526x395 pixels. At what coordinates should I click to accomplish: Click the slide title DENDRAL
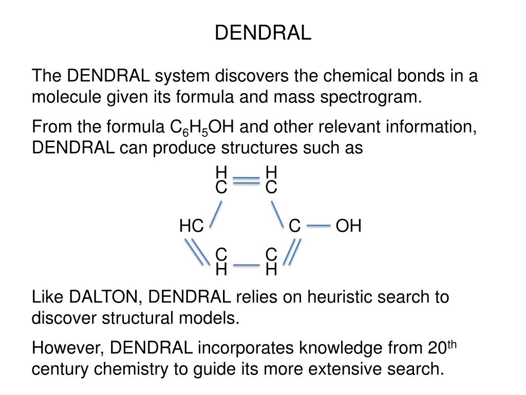click(262, 33)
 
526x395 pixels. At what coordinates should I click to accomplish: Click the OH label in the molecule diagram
click(349, 226)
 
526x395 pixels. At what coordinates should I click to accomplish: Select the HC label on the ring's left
click(192, 226)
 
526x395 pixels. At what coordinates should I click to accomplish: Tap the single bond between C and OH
click(321, 225)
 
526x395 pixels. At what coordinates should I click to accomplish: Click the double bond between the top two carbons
click(247, 181)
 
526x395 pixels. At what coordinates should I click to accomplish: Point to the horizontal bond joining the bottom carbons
click(247, 265)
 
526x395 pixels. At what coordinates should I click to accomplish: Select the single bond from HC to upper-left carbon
click(216, 213)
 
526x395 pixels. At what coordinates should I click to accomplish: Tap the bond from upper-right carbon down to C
click(277, 213)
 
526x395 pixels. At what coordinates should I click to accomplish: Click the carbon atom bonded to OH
click(294, 226)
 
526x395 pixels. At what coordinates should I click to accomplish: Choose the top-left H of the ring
click(221, 172)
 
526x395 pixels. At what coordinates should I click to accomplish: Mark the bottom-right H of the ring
click(271, 269)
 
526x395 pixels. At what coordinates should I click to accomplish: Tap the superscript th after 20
click(453, 344)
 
